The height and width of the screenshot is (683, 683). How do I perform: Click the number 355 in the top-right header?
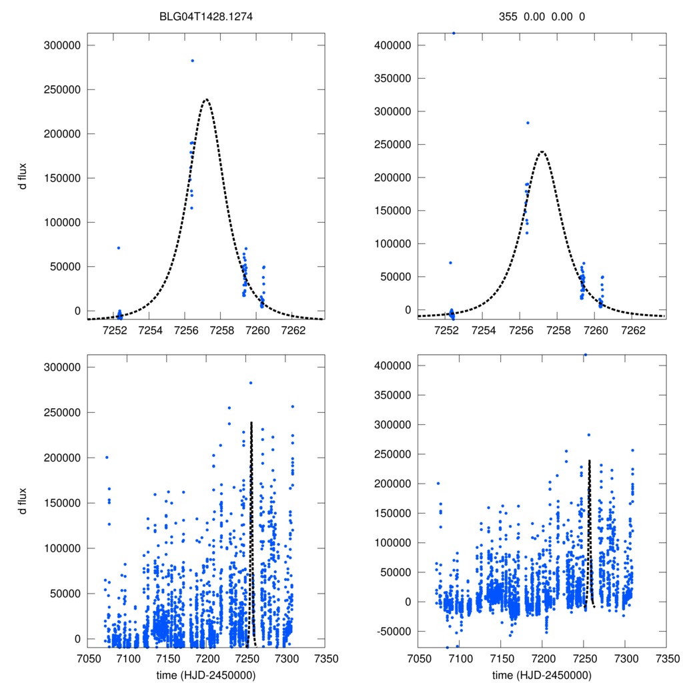coord(508,16)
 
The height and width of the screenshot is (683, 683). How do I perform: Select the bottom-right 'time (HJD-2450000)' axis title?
coord(542,674)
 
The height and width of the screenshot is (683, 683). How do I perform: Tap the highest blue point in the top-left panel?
coord(192,61)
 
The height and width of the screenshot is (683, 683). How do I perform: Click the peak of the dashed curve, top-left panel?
coord(206,99)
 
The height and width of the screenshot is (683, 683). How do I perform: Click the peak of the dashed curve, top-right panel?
coord(542,151)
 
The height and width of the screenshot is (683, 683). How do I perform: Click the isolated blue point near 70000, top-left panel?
coord(119,248)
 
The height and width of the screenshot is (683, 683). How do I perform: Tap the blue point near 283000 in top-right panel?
coord(527,123)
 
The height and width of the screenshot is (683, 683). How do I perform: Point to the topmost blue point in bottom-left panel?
coord(251,383)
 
